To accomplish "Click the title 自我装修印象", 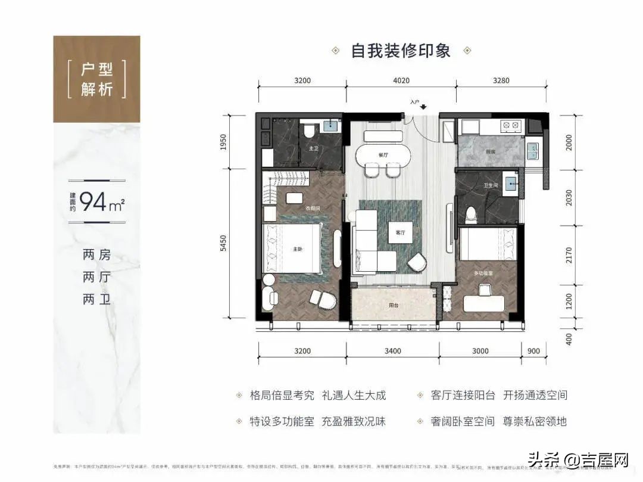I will click(x=401, y=50).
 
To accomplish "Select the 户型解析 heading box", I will click(x=97, y=79).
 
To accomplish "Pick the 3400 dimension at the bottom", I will click(x=393, y=351).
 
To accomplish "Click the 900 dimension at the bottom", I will click(x=533, y=351).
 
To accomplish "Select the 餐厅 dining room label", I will click(x=382, y=154).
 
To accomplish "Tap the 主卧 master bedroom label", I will click(x=296, y=250).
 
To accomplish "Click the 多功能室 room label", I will click(x=483, y=272).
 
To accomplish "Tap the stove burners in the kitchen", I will click(x=511, y=126).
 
